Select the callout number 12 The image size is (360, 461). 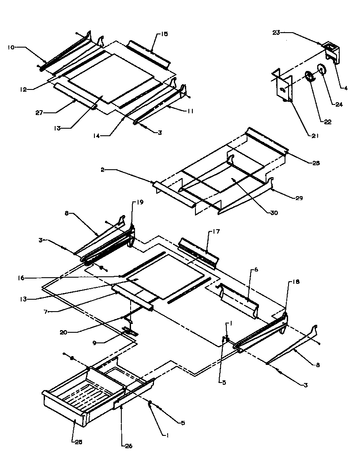pyautogui.click(x=23, y=89)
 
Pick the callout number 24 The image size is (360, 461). pyautogui.click(x=338, y=104)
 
